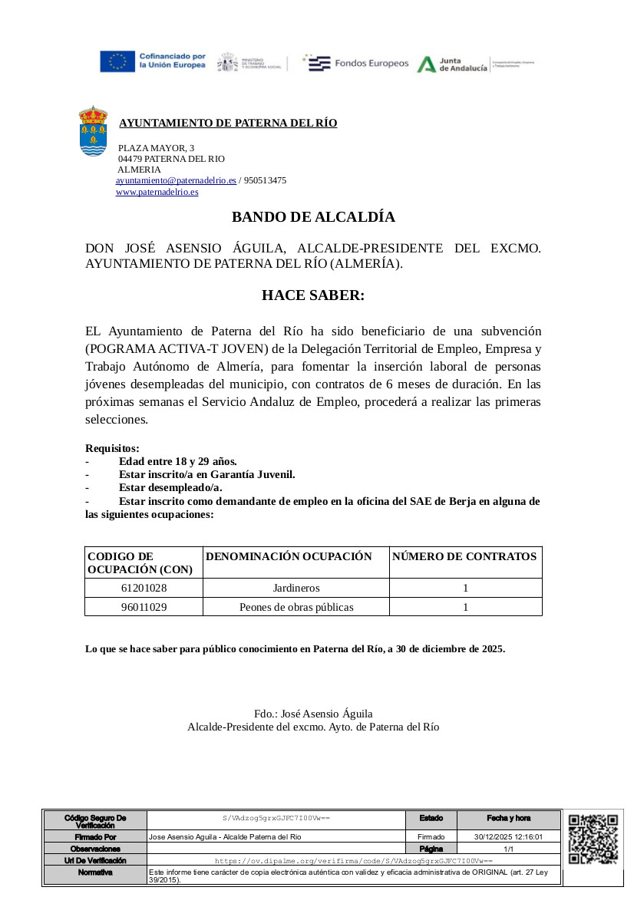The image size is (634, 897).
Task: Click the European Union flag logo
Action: coord(117,61)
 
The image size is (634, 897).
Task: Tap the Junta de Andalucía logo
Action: coord(453,64)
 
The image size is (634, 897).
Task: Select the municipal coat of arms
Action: coord(94,131)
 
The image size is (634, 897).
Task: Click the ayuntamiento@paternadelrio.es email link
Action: coord(176,180)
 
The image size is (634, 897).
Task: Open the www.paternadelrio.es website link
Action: coord(157,192)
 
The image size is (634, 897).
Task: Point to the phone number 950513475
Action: coord(265,180)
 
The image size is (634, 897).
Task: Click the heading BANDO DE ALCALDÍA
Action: coord(313,217)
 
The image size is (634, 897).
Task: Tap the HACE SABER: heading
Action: coord(313,295)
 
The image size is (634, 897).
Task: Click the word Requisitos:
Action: coord(112,448)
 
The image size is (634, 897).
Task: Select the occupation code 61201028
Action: coord(144,588)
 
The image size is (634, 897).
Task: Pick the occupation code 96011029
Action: coord(144,607)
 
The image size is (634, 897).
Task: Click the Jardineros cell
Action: coord(296,588)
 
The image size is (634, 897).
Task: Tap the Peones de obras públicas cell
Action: coord(296,607)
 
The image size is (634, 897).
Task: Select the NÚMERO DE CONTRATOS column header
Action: coord(464,556)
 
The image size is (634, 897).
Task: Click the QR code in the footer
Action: coord(593,839)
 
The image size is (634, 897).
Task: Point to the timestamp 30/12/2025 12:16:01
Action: coord(508,837)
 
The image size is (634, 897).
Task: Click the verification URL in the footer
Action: coord(353,862)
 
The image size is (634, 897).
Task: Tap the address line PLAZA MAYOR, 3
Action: coord(156,147)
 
